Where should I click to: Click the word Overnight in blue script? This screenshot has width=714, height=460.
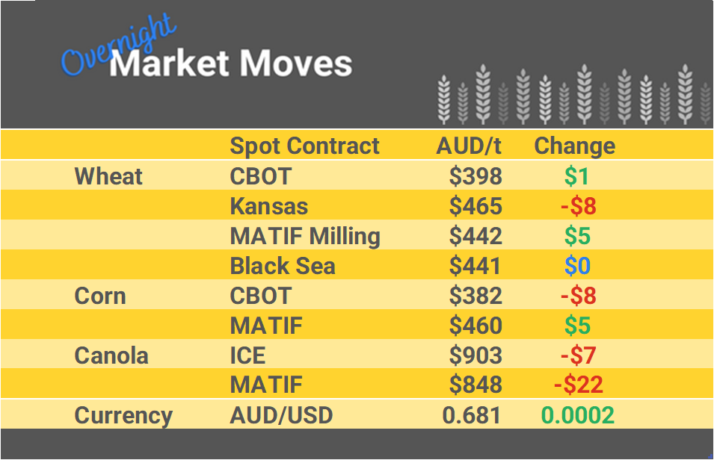click(x=118, y=49)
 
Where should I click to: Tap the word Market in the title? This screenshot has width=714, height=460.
click(x=169, y=64)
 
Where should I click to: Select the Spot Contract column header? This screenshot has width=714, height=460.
click(x=304, y=146)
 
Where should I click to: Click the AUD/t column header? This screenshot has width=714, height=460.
click(x=469, y=146)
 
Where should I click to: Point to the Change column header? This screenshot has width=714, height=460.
click(x=574, y=146)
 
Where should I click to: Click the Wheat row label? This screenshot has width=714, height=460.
click(x=108, y=176)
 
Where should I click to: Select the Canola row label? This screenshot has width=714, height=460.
click(x=111, y=355)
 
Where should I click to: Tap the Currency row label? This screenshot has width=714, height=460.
click(x=123, y=415)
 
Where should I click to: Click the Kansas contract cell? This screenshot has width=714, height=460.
click(x=268, y=206)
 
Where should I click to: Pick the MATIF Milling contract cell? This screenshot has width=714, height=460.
click(x=305, y=236)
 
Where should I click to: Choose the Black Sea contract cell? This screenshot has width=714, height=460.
click(x=283, y=266)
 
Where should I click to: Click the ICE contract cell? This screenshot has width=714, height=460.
click(x=247, y=355)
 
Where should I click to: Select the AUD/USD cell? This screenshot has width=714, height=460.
click(x=281, y=415)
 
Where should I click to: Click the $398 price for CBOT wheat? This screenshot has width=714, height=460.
click(x=476, y=176)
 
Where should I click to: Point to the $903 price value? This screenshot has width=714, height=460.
click(x=476, y=355)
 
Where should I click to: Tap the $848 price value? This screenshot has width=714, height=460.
click(x=476, y=385)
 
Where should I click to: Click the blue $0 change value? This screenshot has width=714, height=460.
click(x=578, y=266)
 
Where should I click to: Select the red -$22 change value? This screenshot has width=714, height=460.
click(x=579, y=385)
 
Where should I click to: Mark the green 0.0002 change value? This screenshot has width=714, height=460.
click(x=577, y=415)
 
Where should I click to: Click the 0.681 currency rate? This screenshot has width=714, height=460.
click(x=473, y=415)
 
